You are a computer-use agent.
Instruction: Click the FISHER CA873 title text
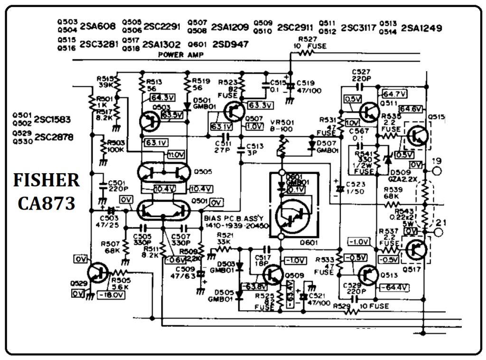click(46, 192)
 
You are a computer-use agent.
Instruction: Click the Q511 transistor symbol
click(369, 112)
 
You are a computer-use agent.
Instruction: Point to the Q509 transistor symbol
click(273, 275)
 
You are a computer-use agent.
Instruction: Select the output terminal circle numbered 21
click(438, 232)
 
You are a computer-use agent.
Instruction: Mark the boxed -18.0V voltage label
click(111, 295)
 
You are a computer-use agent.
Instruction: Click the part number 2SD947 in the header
click(230, 44)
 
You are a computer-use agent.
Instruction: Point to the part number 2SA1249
click(421, 28)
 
